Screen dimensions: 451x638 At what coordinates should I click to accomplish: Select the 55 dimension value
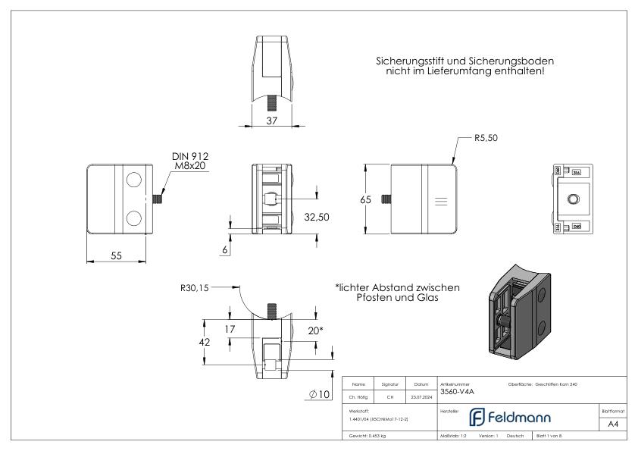117,255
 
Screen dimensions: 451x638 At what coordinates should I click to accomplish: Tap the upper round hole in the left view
133,180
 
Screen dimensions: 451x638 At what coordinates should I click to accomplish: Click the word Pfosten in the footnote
376,298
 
